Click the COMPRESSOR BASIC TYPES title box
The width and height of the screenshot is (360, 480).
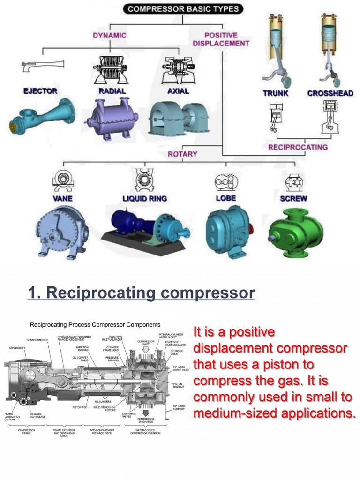coord(183,8)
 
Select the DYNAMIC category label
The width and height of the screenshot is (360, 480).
coord(109,35)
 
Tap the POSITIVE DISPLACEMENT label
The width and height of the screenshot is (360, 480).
coord(221,39)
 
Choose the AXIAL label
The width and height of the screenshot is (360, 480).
coord(178,91)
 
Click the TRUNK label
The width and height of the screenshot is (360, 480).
coord(276,93)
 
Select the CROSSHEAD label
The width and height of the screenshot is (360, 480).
coord(330,93)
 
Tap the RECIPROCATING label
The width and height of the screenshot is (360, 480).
coord(298,147)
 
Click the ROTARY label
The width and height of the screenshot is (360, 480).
coord(182,154)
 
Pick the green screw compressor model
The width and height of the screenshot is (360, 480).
coord(295,232)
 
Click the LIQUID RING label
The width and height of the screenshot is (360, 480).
coord(144,198)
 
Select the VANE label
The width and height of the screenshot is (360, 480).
coord(62,198)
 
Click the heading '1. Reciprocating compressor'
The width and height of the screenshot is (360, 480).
coord(141,293)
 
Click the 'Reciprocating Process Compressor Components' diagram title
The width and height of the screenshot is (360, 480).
coord(95,324)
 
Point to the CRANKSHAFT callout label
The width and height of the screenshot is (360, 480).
coord(18,348)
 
